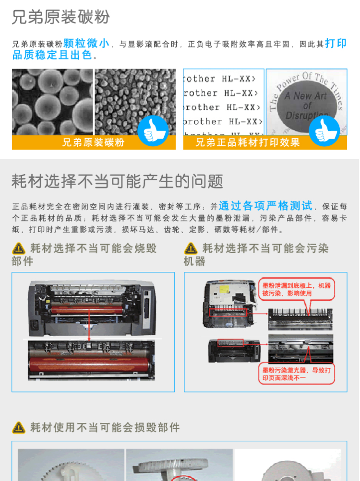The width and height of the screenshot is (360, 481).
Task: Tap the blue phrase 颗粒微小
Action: click(87, 44)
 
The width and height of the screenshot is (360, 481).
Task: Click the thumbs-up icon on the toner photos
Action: click(153, 130)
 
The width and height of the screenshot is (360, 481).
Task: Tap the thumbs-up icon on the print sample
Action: click(324, 130)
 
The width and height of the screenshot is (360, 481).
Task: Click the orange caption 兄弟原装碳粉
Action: click(94, 142)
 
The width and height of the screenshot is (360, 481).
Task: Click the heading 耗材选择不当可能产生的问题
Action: click(118, 181)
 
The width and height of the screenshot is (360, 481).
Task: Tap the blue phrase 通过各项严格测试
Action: click(265, 206)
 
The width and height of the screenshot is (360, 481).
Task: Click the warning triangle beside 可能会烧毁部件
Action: click(19, 248)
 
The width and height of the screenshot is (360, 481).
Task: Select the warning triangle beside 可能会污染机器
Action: click(191, 248)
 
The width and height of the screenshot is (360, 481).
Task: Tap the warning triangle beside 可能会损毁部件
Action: click(19, 427)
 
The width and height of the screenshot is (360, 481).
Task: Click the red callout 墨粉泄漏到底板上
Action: click(296, 289)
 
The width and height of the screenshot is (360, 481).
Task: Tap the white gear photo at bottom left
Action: click(71, 465)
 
